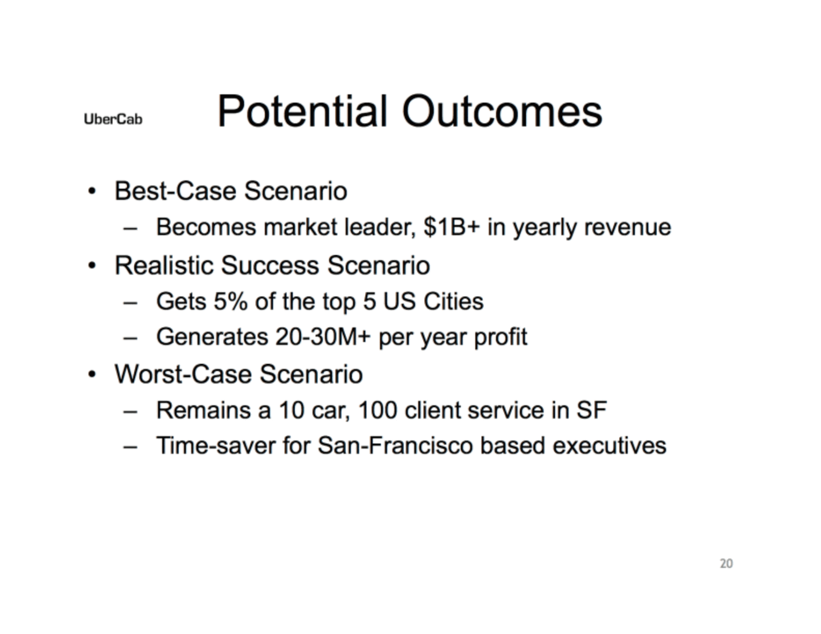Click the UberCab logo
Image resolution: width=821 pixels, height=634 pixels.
pyautogui.click(x=113, y=119)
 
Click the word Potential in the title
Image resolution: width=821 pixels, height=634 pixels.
pyautogui.click(x=302, y=112)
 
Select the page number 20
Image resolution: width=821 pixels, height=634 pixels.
pyautogui.click(x=726, y=563)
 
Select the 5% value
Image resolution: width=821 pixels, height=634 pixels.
pyautogui.click(x=230, y=301)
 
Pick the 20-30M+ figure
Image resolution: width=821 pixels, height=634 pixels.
pyautogui.click(x=323, y=337)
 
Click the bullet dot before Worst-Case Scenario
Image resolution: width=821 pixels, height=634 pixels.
pyautogui.click(x=92, y=375)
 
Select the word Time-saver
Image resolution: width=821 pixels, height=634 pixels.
pyautogui.click(x=216, y=446)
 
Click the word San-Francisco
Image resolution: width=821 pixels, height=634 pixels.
pyautogui.click(x=395, y=446)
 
